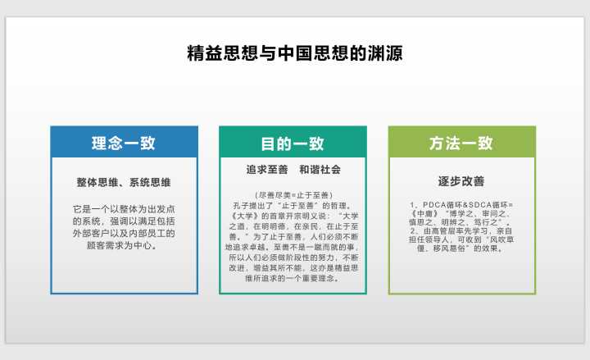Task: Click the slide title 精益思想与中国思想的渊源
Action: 295,53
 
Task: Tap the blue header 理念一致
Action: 124,143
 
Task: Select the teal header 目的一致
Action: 293,144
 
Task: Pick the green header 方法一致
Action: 461,143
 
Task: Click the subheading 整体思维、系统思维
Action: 124,182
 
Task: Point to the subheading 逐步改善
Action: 461,181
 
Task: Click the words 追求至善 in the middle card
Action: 267,170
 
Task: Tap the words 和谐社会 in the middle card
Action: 320,170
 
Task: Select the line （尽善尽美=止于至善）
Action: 293,195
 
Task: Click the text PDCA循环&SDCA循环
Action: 465,204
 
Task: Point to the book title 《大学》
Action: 244,216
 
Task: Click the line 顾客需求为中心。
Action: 122,245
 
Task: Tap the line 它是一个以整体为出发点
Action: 124,209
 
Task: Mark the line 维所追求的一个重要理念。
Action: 293,278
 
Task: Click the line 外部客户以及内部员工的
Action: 124,234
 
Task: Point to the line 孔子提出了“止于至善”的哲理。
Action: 293,206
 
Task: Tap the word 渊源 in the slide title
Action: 385,53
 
